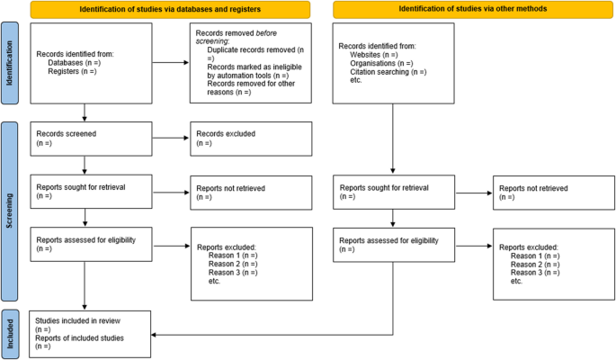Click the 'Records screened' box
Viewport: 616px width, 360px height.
[90, 139]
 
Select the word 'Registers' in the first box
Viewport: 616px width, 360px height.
[65, 71]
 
